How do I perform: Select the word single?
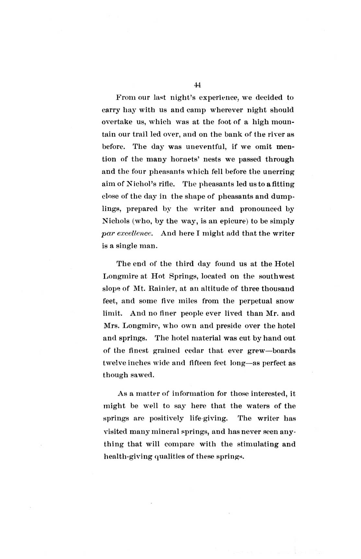(x=126, y=246)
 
